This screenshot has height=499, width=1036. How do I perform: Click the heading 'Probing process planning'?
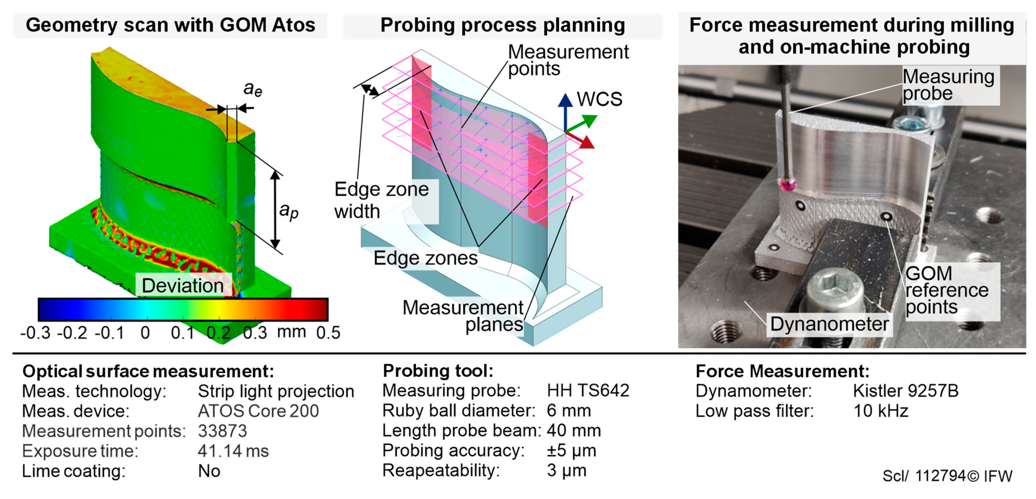(503, 25)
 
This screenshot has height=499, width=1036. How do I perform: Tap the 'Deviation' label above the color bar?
(183, 286)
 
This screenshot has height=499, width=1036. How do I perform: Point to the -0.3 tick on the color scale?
(35, 333)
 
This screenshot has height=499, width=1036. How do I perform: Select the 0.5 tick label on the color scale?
(328, 333)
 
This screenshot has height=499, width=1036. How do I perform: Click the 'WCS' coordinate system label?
(599, 99)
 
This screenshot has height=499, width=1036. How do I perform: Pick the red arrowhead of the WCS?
(587, 142)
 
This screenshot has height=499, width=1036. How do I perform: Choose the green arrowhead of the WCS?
(589, 120)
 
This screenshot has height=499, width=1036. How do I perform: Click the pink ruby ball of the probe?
(787, 184)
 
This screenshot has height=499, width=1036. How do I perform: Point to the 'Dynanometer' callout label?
(829, 324)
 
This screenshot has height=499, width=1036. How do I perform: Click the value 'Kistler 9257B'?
(906, 391)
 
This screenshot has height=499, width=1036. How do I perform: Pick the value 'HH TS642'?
(588, 390)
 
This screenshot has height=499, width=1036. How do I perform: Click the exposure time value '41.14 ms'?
(233, 451)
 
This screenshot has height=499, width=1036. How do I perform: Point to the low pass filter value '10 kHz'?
(881, 411)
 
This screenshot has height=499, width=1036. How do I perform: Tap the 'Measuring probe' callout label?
(948, 85)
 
